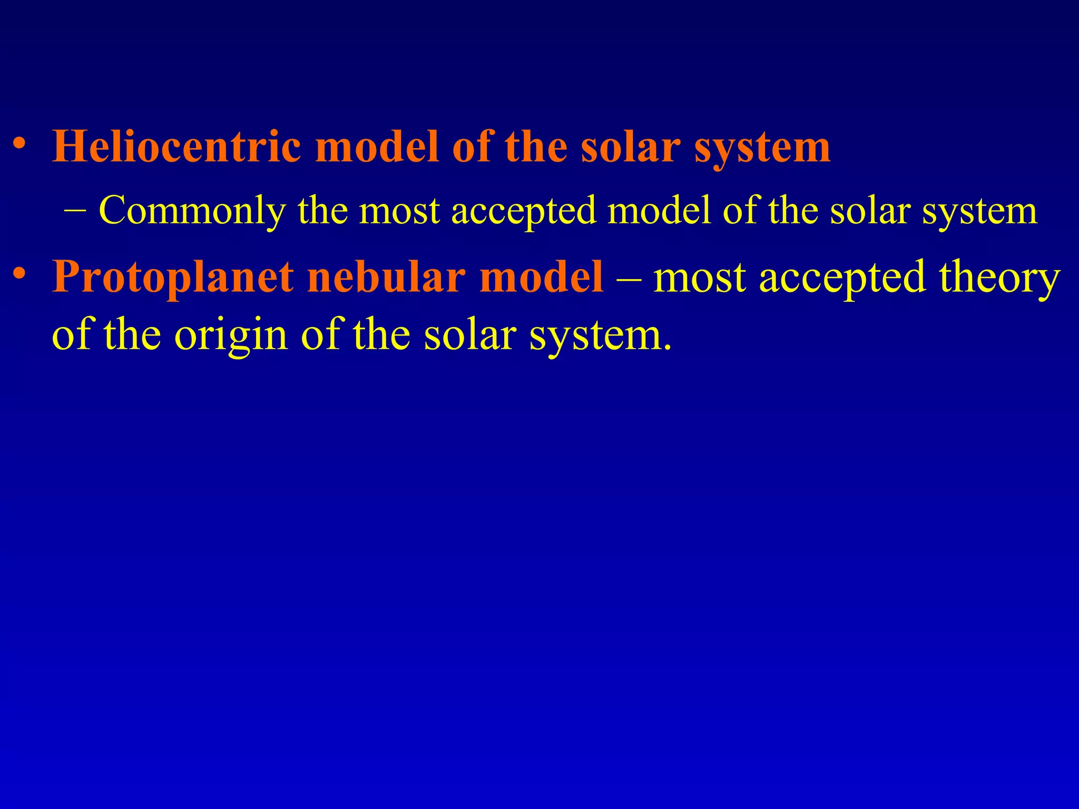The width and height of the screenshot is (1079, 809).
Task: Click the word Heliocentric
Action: click(177, 146)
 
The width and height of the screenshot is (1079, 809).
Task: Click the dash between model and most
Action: click(628, 278)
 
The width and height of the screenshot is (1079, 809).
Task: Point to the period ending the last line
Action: click(668, 348)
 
